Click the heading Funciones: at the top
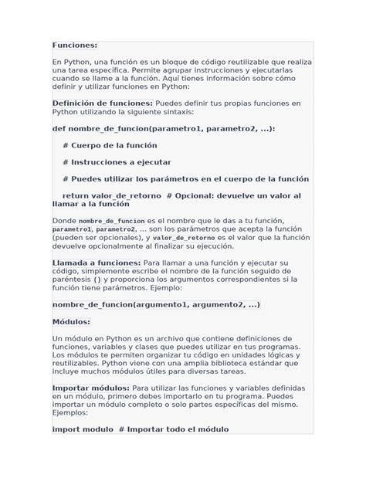[75, 46]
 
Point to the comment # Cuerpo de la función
[110, 145]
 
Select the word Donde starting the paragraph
[65, 221]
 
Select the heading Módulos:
[71, 321]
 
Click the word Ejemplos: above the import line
[73, 412]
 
